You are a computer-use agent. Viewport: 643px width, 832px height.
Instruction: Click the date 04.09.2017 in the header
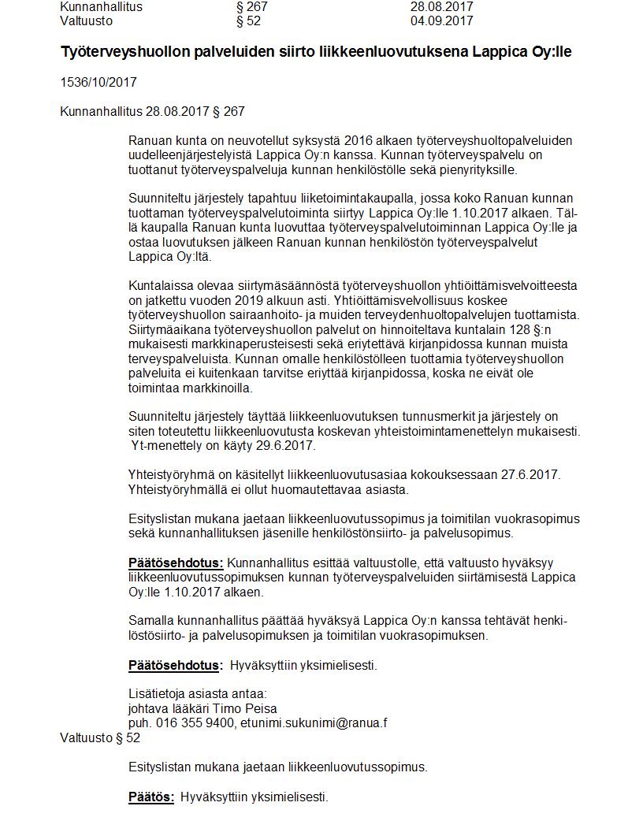click(x=441, y=20)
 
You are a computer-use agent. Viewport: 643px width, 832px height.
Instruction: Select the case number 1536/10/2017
click(x=93, y=82)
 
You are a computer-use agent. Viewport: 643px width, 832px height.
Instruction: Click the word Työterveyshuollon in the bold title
click(x=116, y=52)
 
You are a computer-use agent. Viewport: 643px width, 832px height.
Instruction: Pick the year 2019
click(x=251, y=300)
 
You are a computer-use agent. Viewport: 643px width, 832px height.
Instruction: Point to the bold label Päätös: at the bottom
click(x=151, y=797)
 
